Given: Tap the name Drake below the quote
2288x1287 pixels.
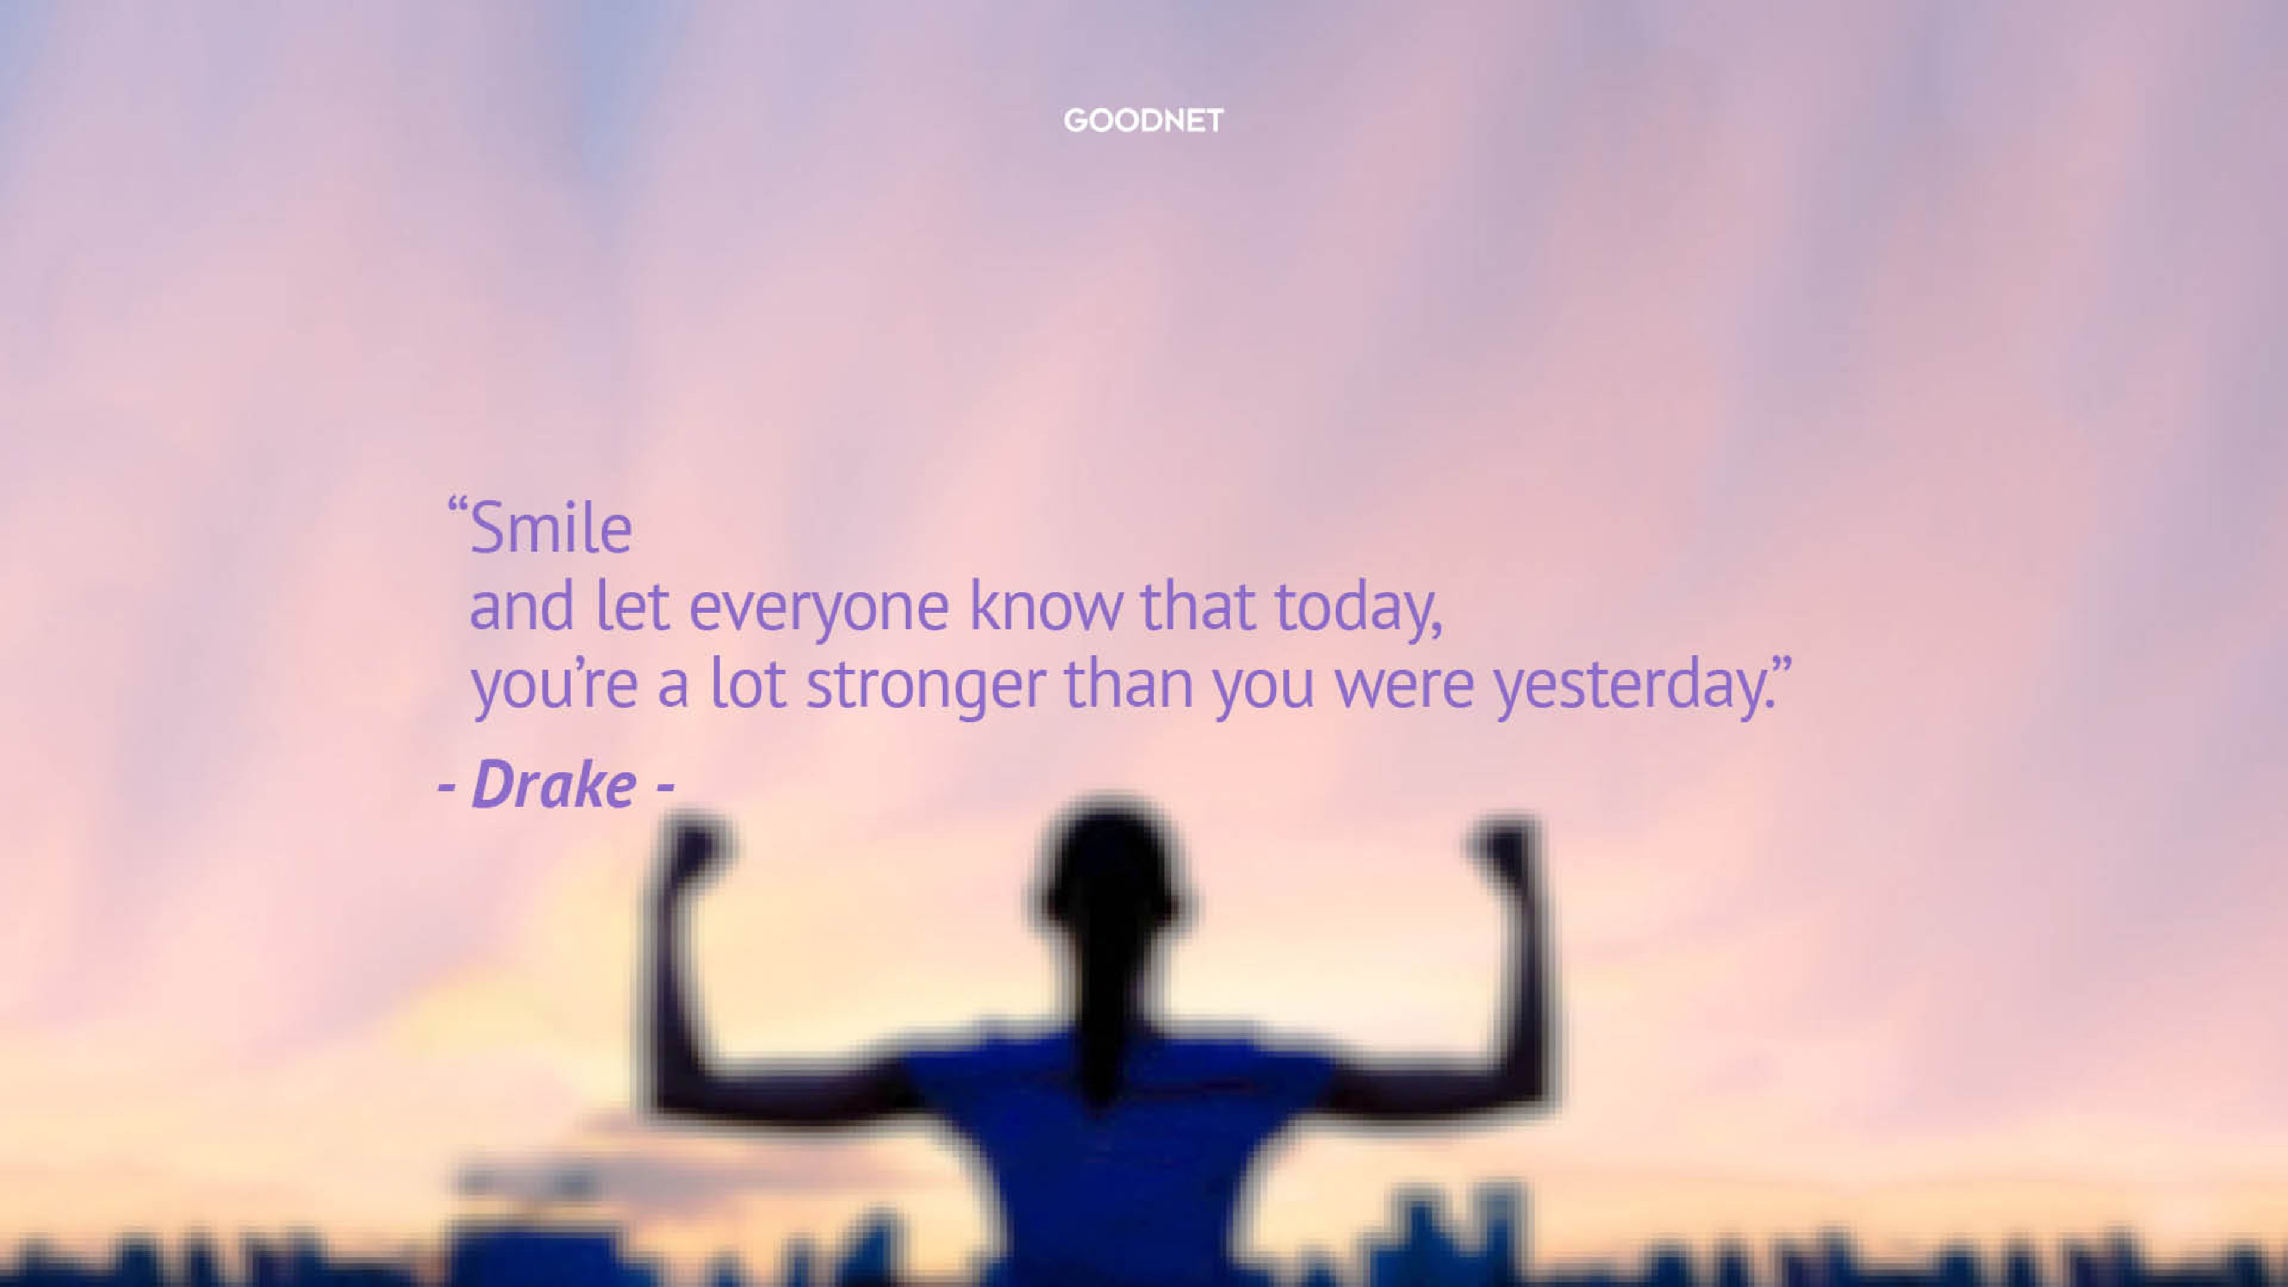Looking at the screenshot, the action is (x=554, y=784).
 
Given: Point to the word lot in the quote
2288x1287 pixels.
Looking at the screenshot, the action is (x=748, y=682).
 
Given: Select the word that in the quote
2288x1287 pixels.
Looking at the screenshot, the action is (x=1197, y=605).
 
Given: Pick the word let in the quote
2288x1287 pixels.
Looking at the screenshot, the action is (x=632, y=605).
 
